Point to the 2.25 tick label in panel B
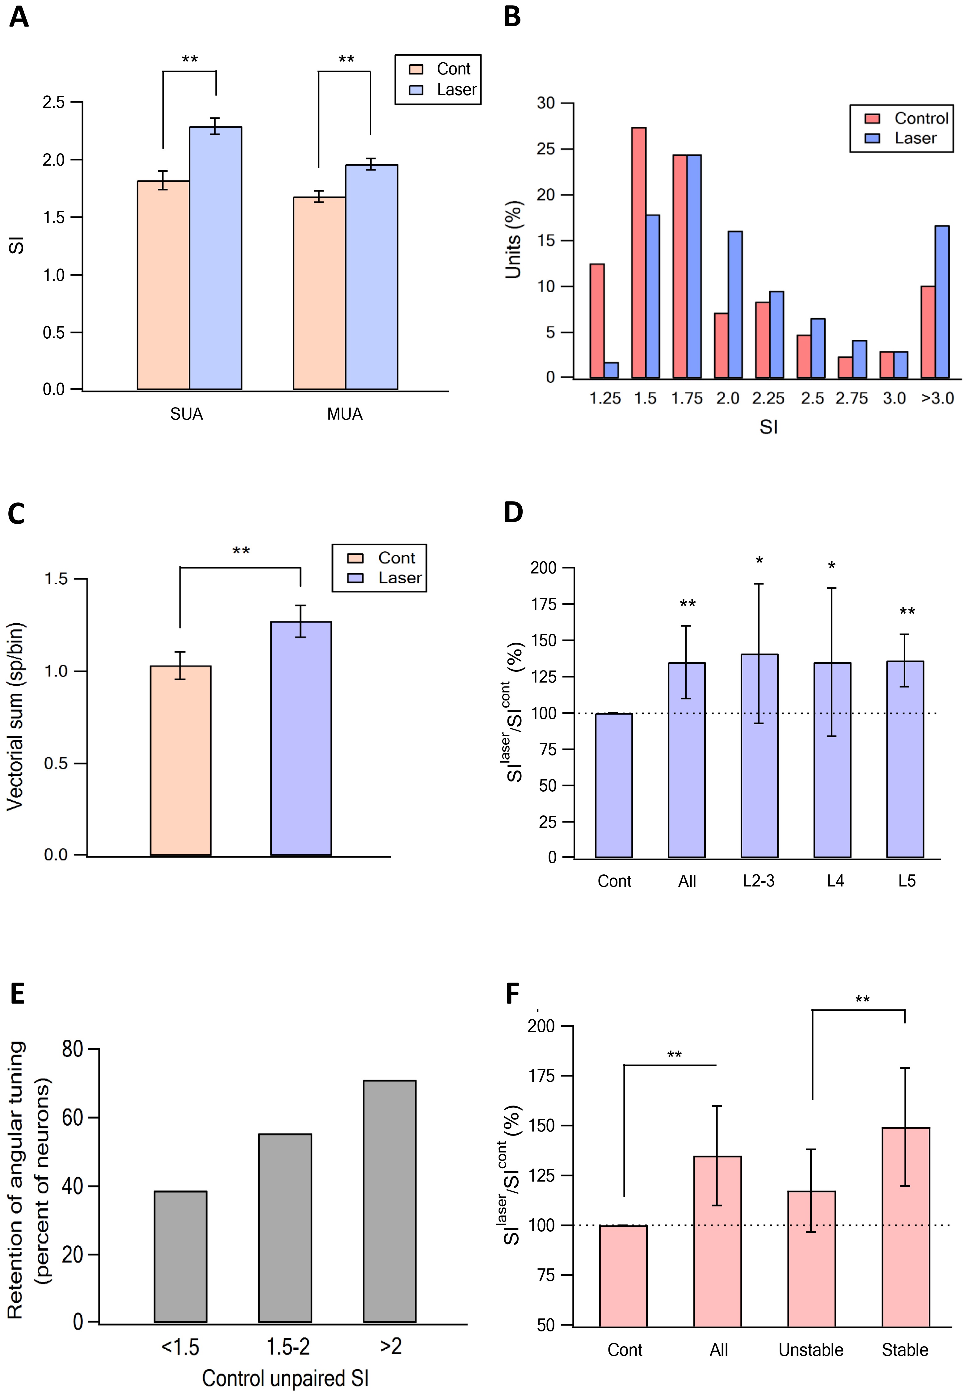tap(768, 399)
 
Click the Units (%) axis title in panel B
tap(513, 240)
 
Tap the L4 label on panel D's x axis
tap(835, 881)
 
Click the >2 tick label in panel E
tap(391, 1346)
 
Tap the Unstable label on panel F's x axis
tap(811, 1350)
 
